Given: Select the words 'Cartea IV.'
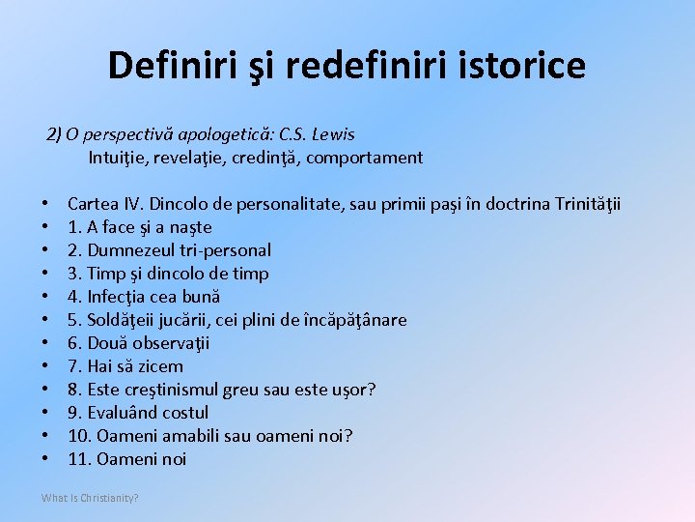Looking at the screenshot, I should click(x=105, y=204).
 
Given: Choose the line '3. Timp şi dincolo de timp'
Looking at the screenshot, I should click(x=168, y=274).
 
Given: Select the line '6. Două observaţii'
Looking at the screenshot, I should click(x=138, y=343).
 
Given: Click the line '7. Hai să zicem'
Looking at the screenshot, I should click(x=125, y=366).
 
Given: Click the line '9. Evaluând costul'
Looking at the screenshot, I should click(x=138, y=413).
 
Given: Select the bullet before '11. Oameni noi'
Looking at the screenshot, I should click(x=45, y=459).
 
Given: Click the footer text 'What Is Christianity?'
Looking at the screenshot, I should click(x=90, y=498).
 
